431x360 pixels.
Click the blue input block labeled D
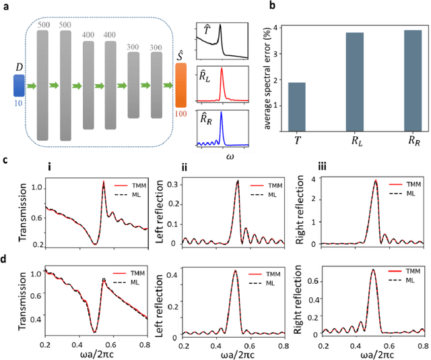click(x=18, y=86)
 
